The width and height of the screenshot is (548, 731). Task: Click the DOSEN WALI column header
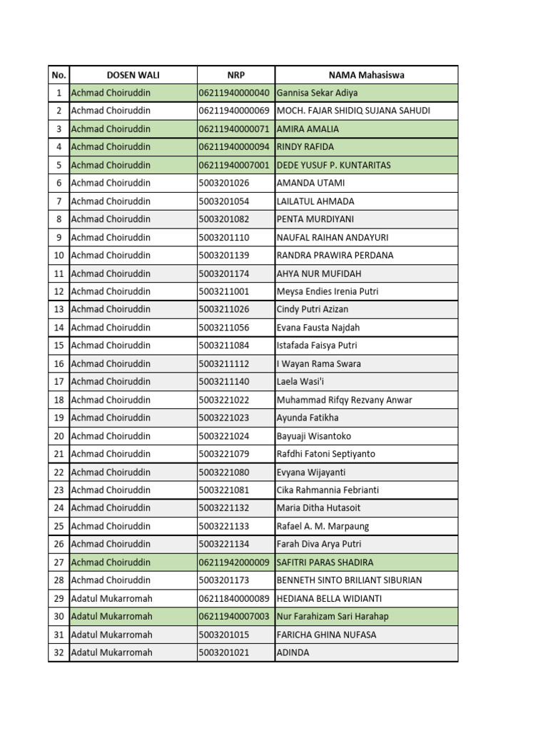tap(133, 75)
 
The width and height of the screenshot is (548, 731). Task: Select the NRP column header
tap(235, 75)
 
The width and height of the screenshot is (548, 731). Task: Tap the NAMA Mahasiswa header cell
tap(366, 75)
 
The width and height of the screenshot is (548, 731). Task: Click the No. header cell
tap(59, 75)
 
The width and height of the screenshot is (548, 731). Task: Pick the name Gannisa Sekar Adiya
tap(317, 93)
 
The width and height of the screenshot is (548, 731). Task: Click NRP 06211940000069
tap(234, 111)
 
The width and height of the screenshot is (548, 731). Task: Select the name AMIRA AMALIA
tap(308, 129)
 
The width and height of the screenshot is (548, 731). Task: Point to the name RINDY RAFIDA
tap(305, 147)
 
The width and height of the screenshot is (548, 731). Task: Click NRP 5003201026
tap(224, 183)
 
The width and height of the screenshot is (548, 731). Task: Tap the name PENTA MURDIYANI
tap(315, 219)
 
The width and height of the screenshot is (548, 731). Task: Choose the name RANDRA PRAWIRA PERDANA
tap(335, 256)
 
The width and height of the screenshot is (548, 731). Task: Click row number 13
tap(59, 309)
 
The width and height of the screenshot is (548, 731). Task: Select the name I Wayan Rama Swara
tap(318, 363)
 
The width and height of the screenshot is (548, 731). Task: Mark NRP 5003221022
tap(224, 400)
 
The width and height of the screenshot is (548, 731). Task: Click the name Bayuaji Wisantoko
tap(313, 436)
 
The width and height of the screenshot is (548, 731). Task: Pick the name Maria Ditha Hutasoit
tap(318, 508)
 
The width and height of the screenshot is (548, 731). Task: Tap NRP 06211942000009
tap(234, 563)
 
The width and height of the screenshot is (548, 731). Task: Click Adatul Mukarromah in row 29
tap(111, 598)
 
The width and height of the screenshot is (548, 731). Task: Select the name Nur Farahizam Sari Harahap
tap(333, 616)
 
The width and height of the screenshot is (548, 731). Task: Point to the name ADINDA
tap(293, 652)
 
